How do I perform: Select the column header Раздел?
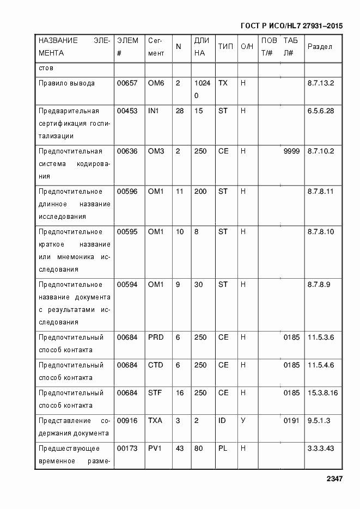320,47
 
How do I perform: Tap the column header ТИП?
225,47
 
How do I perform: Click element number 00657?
127,83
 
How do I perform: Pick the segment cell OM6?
156,83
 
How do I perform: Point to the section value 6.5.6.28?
321,111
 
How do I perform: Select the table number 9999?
291,151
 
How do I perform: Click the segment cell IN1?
153,111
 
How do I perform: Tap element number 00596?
127,192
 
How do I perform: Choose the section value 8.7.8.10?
321,232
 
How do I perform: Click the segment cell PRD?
156,338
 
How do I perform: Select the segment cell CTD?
156,365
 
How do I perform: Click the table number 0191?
291,421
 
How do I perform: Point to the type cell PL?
222,449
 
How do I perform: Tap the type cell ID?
222,421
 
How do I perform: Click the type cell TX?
223,83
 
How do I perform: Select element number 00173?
127,449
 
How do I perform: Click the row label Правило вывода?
66,83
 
